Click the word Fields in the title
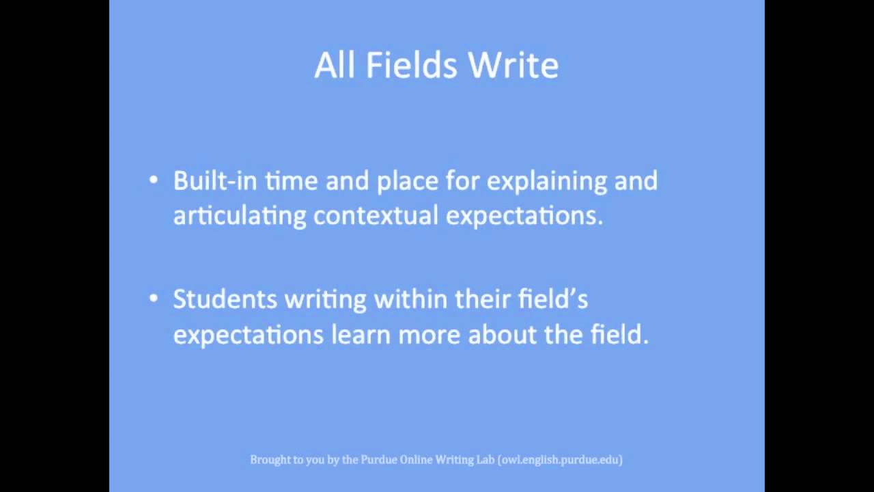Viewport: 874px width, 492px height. tap(411, 66)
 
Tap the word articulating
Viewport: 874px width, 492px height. tap(239, 216)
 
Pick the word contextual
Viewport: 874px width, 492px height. tap(376, 216)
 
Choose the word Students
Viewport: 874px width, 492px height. tap(225, 299)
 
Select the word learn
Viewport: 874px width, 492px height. tap(361, 335)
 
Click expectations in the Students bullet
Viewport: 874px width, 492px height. tap(248, 336)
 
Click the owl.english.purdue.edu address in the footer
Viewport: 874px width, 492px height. tap(560, 460)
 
